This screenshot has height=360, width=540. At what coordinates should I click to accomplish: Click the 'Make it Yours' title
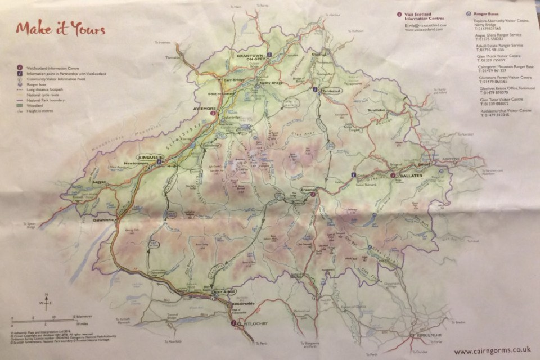pyautogui.click(x=60, y=29)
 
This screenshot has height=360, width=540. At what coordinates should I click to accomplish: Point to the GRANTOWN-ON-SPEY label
pyautogui.click(x=250, y=58)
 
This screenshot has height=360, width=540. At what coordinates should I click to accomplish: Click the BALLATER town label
pyautogui.click(x=407, y=176)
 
